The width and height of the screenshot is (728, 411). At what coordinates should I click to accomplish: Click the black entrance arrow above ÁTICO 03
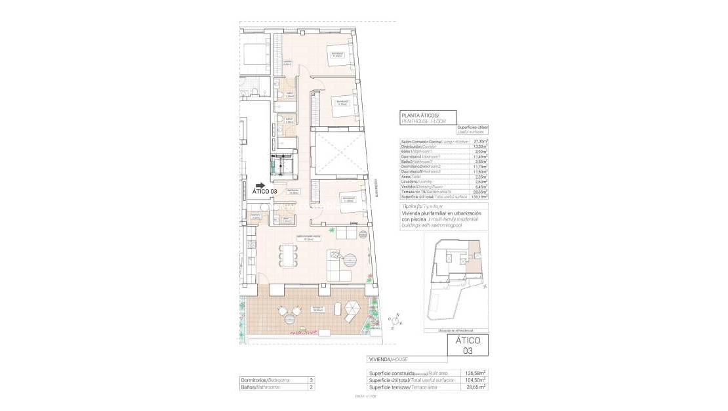[x=260, y=186]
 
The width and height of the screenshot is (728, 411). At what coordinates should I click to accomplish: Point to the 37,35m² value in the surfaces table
[x=480, y=141]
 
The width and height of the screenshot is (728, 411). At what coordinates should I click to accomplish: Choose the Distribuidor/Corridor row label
[x=420, y=146]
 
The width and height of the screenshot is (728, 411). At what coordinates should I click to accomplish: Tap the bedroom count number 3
[x=311, y=380]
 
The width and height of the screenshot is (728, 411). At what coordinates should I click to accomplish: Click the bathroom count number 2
[x=311, y=387]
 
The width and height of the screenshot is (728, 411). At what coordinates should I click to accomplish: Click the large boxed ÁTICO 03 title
[x=467, y=345]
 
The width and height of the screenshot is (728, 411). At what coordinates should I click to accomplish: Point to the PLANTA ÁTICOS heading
[x=424, y=116]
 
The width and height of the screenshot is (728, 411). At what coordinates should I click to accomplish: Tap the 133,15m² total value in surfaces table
[x=480, y=196]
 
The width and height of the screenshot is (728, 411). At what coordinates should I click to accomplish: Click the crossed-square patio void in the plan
[x=336, y=153]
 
